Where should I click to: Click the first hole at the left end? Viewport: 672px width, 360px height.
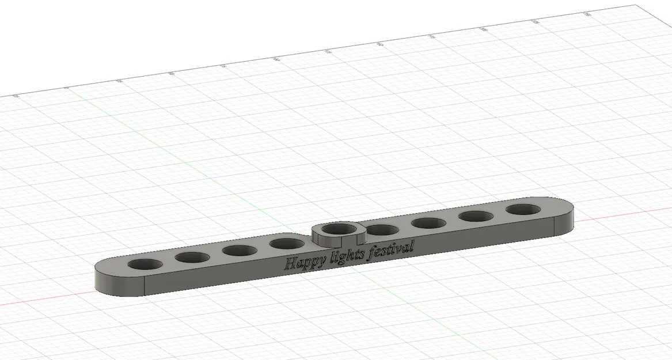[145, 265]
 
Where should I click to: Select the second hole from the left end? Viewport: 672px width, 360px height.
[192, 257]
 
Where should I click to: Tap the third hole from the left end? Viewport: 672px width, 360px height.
[240, 251]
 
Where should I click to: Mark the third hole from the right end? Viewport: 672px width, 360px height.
[430, 223]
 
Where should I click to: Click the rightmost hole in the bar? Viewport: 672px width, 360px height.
[523, 209]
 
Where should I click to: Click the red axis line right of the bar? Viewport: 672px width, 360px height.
[622, 211]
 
